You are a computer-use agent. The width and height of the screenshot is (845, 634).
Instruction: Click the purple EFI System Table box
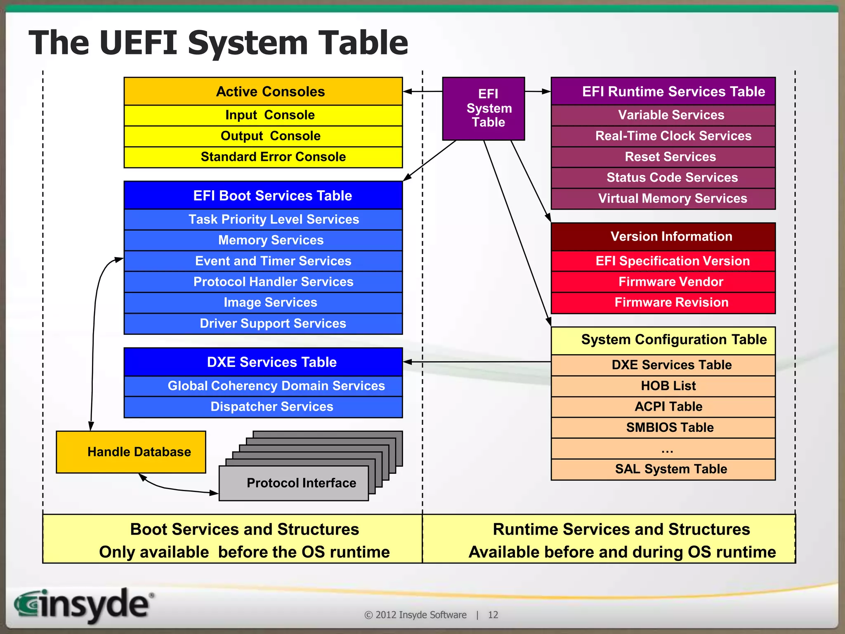click(x=483, y=109)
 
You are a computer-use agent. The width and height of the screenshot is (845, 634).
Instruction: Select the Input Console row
click(x=263, y=115)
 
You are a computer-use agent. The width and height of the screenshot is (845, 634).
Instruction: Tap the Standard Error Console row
click(x=263, y=157)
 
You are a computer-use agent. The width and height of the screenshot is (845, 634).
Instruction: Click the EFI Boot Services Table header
click(x=263, y=195)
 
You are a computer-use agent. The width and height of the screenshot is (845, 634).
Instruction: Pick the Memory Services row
click(x=263, y=240)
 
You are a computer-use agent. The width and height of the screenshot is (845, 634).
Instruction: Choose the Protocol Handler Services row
click(x=263, y=282)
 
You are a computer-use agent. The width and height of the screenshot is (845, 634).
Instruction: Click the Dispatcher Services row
click(x=263, y=407)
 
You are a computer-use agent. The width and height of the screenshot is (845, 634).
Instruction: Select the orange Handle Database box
click(x=131, y=452)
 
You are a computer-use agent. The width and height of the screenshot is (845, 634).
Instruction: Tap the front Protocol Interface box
click(x=293, y=483)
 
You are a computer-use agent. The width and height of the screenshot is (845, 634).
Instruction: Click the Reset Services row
click(x=663, y=157)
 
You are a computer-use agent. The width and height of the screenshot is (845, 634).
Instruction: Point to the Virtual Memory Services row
click(x=663, y=199)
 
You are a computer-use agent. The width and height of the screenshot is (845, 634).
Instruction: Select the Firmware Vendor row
click(x=663, y=282)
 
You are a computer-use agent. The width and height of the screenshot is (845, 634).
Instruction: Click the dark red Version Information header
click(x=663, y=237)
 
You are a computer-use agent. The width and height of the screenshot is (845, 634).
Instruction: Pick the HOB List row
click(x=663, y=386)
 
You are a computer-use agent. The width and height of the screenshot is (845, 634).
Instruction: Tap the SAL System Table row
click(x=663, y=469)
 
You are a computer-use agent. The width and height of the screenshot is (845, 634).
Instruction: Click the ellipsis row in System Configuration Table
click(x=663, y=449)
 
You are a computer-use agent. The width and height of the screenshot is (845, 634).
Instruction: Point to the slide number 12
click(x=493, y=615)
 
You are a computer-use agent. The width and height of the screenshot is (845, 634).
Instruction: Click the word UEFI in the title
click(x=138, y=43)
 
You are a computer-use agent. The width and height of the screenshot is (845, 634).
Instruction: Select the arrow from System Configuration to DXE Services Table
click(x=477, y=362)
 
